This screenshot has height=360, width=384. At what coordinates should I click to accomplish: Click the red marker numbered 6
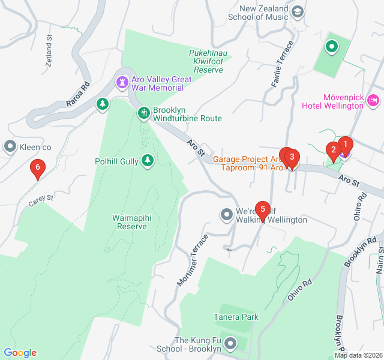point(38,169)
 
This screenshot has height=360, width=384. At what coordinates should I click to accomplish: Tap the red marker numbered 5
point(262,209)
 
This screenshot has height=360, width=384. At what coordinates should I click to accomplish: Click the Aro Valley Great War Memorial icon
point(122,81)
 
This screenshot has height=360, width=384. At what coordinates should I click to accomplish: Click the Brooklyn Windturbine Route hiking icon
point(143,112)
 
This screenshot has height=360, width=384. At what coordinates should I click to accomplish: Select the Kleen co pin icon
point(10,146)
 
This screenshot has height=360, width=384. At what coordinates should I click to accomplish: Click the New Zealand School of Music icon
point(296,11)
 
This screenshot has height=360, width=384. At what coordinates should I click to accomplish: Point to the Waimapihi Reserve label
point(132,222)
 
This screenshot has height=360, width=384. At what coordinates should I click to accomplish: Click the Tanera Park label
point(236,316)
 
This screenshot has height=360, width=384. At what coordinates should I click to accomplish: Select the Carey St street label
point(41,200)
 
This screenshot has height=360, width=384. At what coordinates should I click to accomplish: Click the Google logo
point(20,353)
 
